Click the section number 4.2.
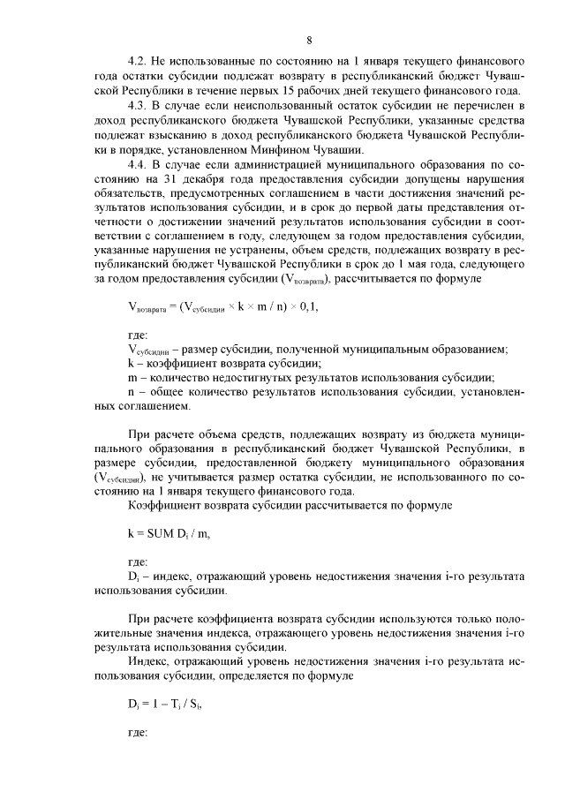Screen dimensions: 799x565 click(x=138, y=63)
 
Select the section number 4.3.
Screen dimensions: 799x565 click(x=138, y=106)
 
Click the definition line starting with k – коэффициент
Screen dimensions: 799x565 click(x=224, y=363)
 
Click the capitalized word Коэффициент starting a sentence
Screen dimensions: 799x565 click(x=163, y=505)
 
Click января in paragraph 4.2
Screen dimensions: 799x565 click(x=388, y=63)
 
